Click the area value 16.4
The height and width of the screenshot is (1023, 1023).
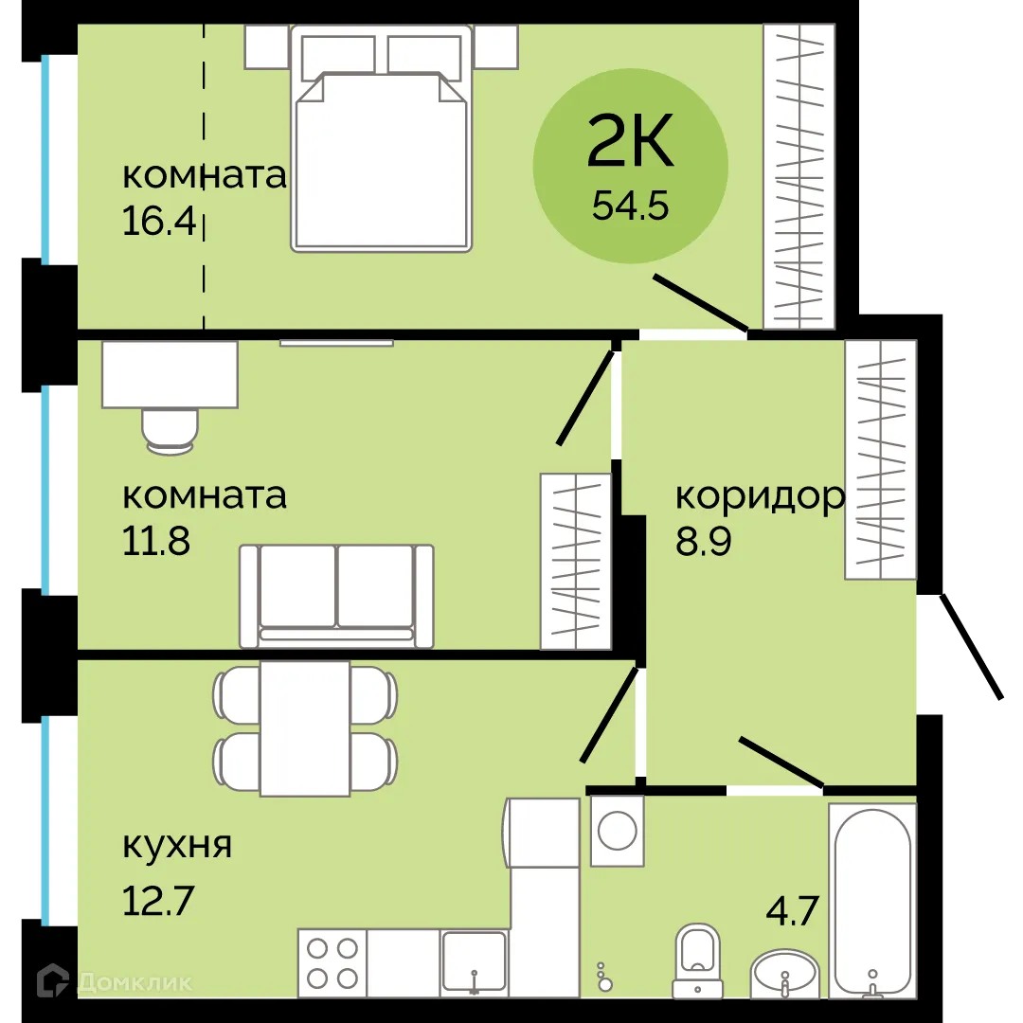(x=158, y=221)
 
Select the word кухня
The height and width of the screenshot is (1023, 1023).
(x=177, y=844)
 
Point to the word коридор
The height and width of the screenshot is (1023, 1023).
(x=759, y=495)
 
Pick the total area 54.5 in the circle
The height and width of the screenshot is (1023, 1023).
(x=631, y=204)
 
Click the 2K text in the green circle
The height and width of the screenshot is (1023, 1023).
(x=631, y=143)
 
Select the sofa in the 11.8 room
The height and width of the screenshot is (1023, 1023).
(x=336, y=595)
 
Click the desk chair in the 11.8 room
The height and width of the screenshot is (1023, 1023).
(x=170, y=427)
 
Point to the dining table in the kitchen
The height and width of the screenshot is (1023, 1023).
(x=305, y=728)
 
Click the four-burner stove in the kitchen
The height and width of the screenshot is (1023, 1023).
(x=332, y=962)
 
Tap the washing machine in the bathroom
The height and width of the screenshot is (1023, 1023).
(x=617, y=831)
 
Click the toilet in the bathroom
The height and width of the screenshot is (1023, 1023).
(x=697, y=959)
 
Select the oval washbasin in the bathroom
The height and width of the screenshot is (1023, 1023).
(x=785, y=974)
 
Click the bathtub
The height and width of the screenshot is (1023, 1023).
(x=872, y=900)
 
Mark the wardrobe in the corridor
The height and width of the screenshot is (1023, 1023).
(x=881, y=459)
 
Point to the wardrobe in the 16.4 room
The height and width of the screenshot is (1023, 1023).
(x=799, y=176)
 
